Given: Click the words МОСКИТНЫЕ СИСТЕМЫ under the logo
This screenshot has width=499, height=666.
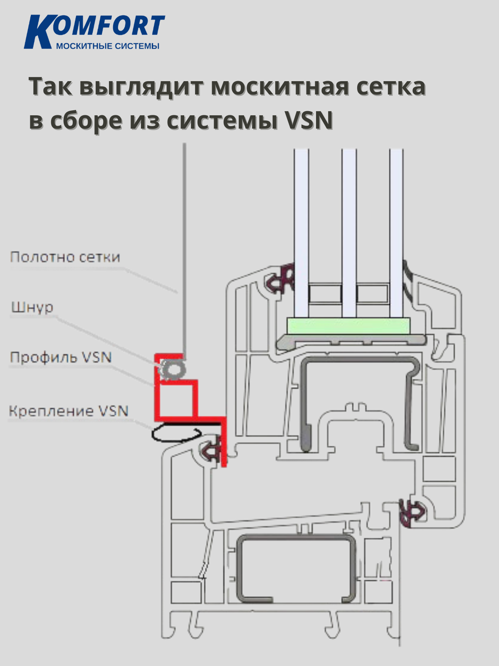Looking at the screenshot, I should point(107,46).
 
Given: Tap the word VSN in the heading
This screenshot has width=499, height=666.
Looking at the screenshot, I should point(308,121).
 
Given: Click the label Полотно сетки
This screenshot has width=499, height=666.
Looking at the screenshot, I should point(65,257).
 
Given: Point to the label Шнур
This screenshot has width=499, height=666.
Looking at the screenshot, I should point(32,307).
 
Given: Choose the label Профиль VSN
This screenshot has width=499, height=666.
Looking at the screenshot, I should point(61,357).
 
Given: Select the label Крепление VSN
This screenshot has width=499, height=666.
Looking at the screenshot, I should point(69,411).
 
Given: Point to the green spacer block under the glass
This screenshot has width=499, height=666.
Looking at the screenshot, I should point(348,326).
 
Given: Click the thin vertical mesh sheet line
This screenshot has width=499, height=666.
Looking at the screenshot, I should point(184,250).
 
